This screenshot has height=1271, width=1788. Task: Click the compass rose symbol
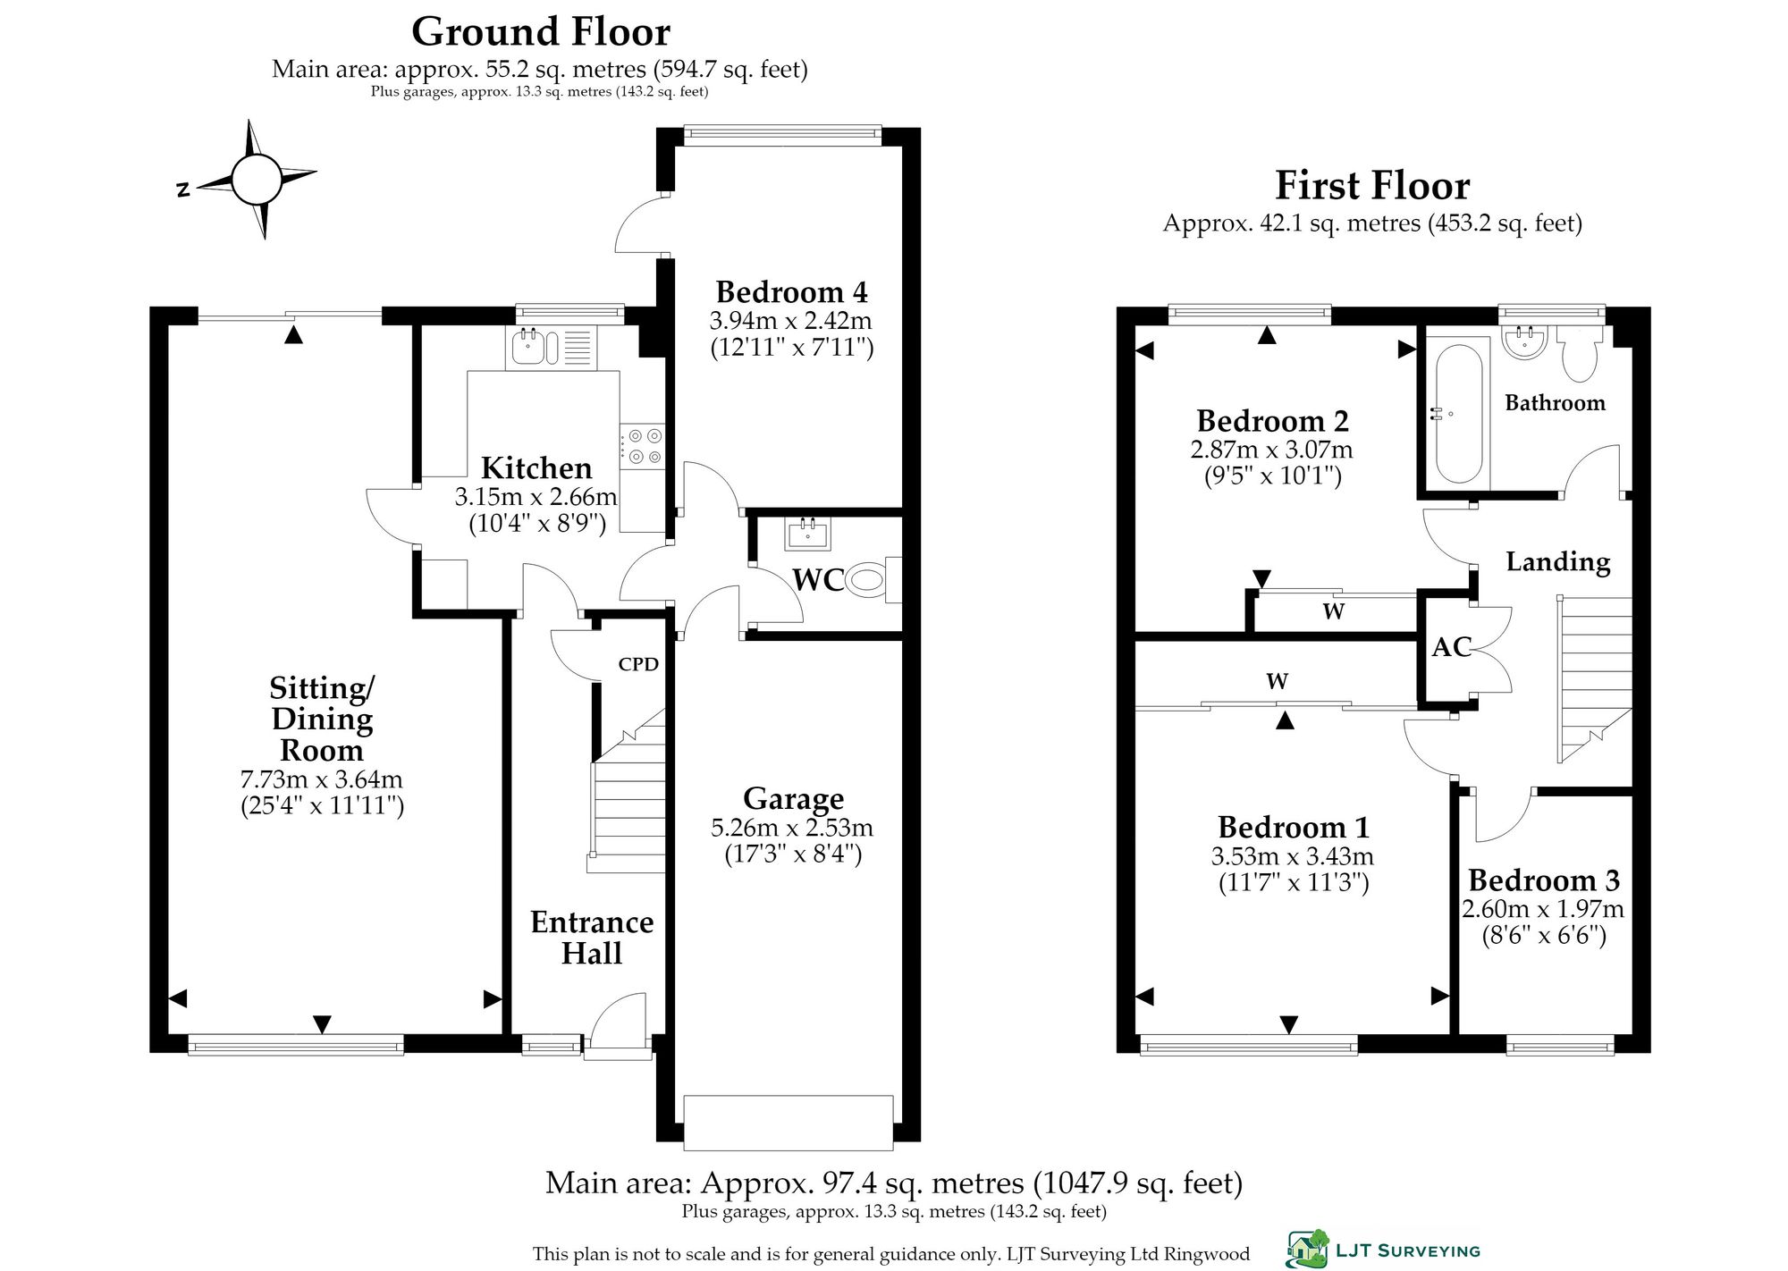coord(257,180)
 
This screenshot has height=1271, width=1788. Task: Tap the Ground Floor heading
coord(541,32)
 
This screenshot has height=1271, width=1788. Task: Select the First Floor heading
coord(1372,186)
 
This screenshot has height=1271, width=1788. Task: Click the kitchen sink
coord(548,348)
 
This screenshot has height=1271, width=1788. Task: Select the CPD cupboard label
coord(638,664)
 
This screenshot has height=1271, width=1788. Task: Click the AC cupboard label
coord(1451,647)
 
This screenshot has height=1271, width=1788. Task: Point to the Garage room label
coord(793,798)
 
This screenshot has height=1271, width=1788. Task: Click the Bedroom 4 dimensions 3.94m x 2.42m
coord(791,321)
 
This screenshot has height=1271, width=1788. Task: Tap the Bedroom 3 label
coord(1544,880)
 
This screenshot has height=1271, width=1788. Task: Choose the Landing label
coord(1558,562)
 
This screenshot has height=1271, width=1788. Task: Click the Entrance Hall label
coord(592,938)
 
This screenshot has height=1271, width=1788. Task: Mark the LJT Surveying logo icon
coord(1307,1250)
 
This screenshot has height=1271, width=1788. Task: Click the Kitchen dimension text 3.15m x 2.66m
coord(536,497)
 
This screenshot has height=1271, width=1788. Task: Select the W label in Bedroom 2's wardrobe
coord(1333,612)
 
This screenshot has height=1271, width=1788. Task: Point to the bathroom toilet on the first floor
coord(1579,355)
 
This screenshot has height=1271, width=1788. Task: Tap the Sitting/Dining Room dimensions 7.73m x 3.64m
coord(322,779)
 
